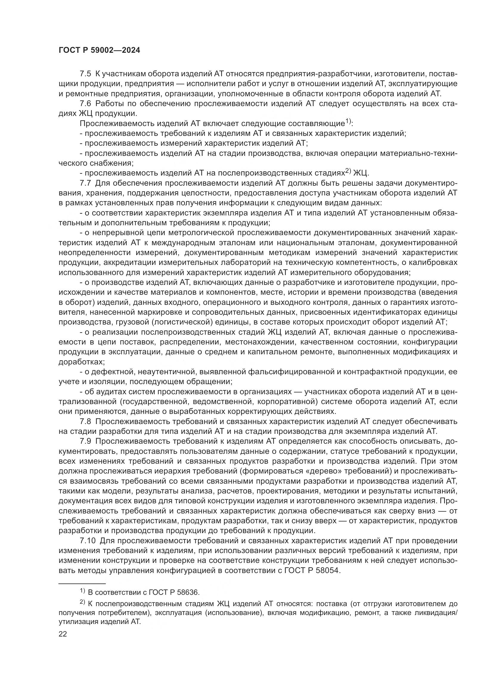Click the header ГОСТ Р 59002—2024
[99, 50]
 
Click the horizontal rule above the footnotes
[82, 583]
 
